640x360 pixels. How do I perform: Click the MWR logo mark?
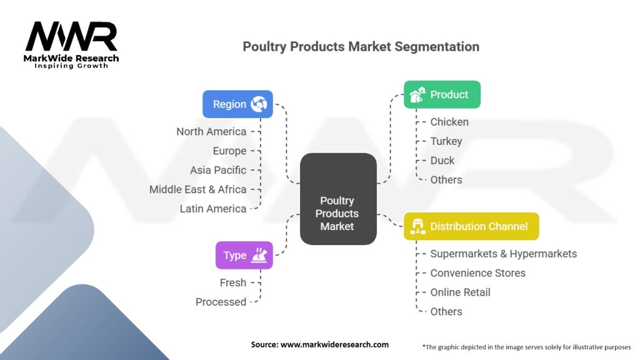[x=71, y=36]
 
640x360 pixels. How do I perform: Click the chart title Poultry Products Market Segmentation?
[x=361, y=46]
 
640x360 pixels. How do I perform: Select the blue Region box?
[x=237, y=104]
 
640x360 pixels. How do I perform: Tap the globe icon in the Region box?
[x=259, y=104]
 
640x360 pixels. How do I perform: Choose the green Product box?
[x=442, y=94]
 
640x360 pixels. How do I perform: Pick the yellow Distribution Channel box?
[x=471, y=226]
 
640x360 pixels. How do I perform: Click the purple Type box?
[x=244, y=255]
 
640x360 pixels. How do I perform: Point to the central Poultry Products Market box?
[x=338, y=199]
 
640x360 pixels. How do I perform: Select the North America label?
[x=211, y=131]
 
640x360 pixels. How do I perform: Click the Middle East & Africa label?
[x=198, y=189]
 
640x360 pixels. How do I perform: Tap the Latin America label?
[x=213, y=209]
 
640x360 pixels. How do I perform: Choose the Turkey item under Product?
[x=446, y=141]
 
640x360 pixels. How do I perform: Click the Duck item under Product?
[x=442, y=161]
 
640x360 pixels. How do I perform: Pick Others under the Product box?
[x=446, y=179]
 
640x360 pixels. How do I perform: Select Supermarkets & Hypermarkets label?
[x=504, y=254]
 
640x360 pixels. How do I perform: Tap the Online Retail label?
[x=461, y=292]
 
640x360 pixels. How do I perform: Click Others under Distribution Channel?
[x=446, y=311]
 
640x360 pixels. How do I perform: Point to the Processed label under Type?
[x=221, y=302]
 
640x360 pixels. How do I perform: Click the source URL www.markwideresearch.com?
[x=334, y=344]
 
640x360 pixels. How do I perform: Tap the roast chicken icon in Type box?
[x=259, y=255]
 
